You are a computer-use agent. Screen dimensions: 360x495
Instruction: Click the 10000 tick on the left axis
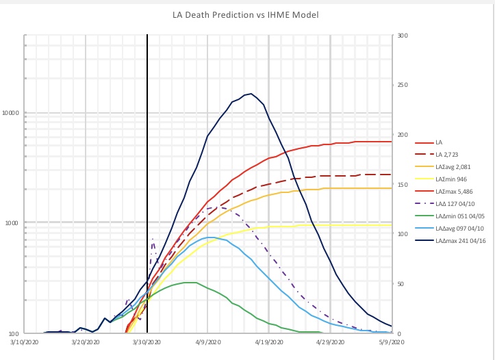coord(10,113)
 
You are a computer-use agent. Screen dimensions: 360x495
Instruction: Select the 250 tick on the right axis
coord(402,86)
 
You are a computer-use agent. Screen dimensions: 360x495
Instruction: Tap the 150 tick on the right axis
coord(402,185)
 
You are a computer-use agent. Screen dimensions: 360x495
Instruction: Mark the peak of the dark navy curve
coord(251,94)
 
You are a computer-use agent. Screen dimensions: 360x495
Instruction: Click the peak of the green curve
coord(192,282)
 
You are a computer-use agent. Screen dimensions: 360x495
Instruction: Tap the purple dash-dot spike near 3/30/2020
coord(153,239)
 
